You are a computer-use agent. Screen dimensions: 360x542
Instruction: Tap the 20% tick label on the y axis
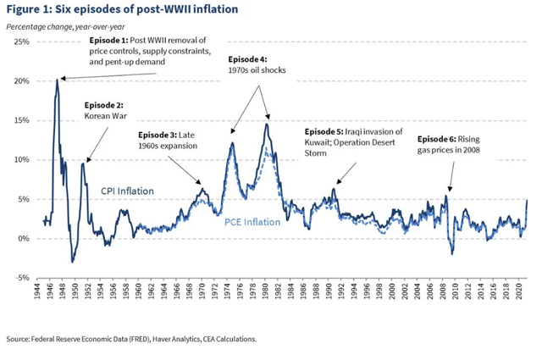tap(20, 80)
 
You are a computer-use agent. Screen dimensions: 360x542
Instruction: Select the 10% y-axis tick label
tap(20, 159)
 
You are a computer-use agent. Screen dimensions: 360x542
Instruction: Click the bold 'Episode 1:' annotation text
tap(108, 41)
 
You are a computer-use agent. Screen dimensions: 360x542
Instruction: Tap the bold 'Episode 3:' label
tap(162, 135)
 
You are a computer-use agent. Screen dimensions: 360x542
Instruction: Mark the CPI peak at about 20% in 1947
tap(58, 80)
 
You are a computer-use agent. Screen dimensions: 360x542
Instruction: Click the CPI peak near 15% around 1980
tap(267, 125)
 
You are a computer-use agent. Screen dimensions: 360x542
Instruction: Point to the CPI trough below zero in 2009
tap(451, 253)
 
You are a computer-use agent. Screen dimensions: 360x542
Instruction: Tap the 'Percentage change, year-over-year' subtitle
tap(65, 25)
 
